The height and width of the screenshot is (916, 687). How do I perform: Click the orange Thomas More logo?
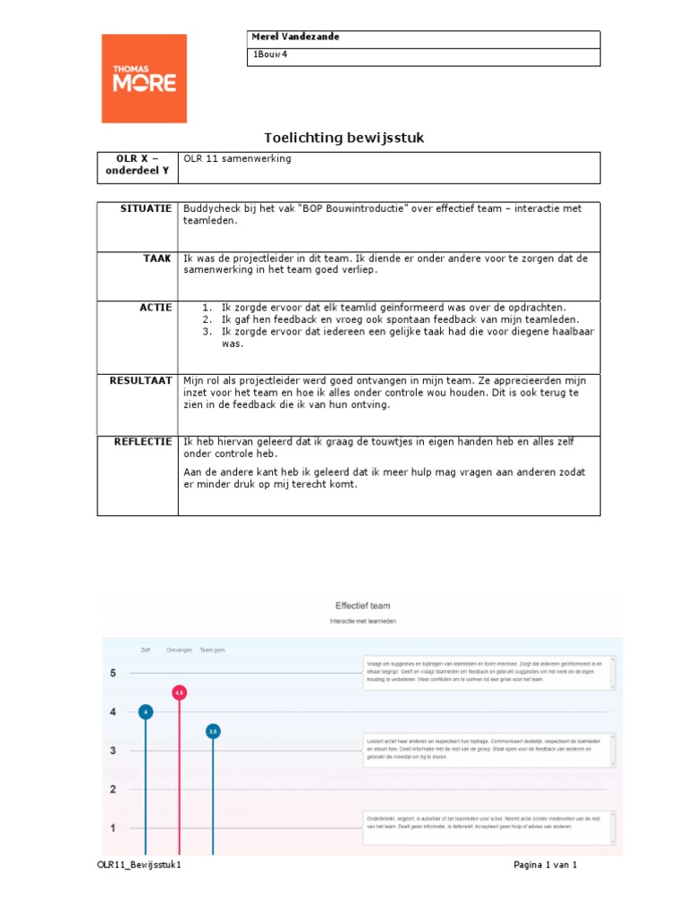pyautogui.click(x=144, y=79)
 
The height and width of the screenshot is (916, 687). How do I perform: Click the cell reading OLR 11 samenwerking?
pyautogui.click(x=237, y=159)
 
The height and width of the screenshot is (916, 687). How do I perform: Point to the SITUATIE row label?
pyautogui.click(x=146, y=208)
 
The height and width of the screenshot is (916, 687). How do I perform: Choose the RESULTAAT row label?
pyautogui.click(x=140, y=380)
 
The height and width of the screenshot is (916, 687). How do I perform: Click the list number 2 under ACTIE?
pyautogui.click(x=206, y=319)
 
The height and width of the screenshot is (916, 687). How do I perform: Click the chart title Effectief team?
pyautogui.click(x=362, y=606)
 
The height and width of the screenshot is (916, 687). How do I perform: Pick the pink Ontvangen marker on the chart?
pyautogui.click(x=179, y=692)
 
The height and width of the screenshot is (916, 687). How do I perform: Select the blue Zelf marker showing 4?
pyautogui.click(x=146, y=712)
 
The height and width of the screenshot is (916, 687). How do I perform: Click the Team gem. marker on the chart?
pyautogui.click(x=213, y=731)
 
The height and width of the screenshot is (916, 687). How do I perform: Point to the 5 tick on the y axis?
pyautogui.click(x=113, y=673)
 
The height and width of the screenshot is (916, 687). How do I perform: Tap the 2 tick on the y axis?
pyautogui.click(x=113, y=789)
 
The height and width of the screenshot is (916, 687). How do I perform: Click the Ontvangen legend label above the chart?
pyautogui.click(x=179, y=650)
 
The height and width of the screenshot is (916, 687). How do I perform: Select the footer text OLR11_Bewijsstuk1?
pyautogui.click(x=143, y=865)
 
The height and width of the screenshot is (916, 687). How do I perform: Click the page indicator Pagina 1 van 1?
pyautogui.click(x=546, y=865)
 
